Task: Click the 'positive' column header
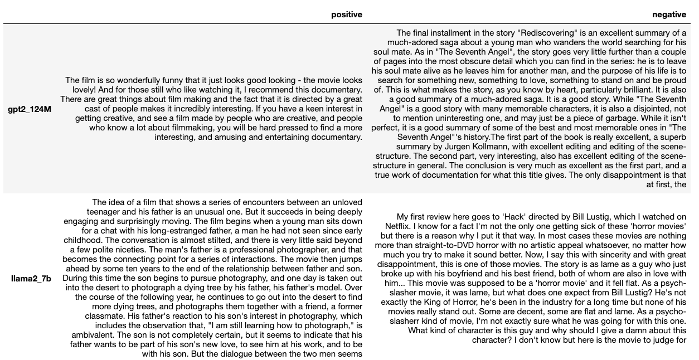[346, 14]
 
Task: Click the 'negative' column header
[669, 14]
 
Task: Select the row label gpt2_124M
[30, 109]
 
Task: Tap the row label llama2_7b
[31, 279]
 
